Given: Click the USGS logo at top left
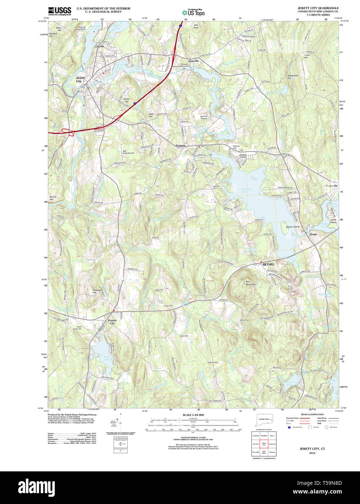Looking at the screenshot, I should (x=60, y=11).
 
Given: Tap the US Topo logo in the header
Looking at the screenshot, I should (x=193, y=13).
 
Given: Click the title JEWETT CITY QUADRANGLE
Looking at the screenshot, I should (x=318, y=8).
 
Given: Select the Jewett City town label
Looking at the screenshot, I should (x=80, y=79).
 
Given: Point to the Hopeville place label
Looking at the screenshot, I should (x=193, y=61).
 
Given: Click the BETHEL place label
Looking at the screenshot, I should (x=269, y=264).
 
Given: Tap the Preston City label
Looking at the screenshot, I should (x=112, y=322).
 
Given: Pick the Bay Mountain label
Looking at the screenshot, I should (x=250, y=283).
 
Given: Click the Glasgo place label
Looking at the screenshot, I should (x=313, y=234).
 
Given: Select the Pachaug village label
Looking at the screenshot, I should (x=180, y=145).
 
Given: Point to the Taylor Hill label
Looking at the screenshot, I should (x=126, y=100).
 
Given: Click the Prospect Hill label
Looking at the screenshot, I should (x=97, y=291).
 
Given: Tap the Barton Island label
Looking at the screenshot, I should (x=292, y=227).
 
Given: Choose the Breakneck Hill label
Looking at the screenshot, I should (x=292, y=77).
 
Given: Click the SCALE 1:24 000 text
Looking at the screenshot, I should (x=193, y=415).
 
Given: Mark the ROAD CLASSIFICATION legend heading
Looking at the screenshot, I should (x=312, y=414).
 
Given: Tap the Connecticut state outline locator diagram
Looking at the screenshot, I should (x=264, y=420).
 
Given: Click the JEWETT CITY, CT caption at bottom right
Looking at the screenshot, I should (x=312, y=449).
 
